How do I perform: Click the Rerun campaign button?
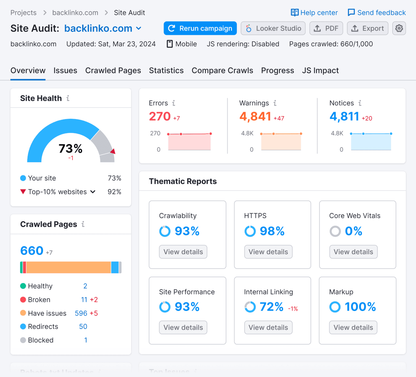(x=200, y=28)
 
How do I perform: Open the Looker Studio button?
(x=273, y=28)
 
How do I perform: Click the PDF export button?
(x=326, y=28)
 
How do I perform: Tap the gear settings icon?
(x=399, y=28)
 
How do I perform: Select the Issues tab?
(x=65, y=71)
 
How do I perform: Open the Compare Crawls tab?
(x=222, y=71)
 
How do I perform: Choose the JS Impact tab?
(x=320, y=71)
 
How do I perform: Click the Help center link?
(x=314, y=13)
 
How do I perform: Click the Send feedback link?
(x=377, y=13)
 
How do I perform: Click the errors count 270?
(x=160, y=116)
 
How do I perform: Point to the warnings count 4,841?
(x=255, y=116)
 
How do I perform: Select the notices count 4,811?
(x=344, y=116)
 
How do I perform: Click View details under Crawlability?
(x=183, y=252)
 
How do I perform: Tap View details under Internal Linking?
(x=268, y=328)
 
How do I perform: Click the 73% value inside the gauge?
(x=71, y=149)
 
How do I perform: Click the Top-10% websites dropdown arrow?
(x=93, y=192)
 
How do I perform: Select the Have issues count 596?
(x=81, y=313)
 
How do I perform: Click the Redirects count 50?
(x=83, y=327)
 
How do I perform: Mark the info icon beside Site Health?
(x=68, y=98)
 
